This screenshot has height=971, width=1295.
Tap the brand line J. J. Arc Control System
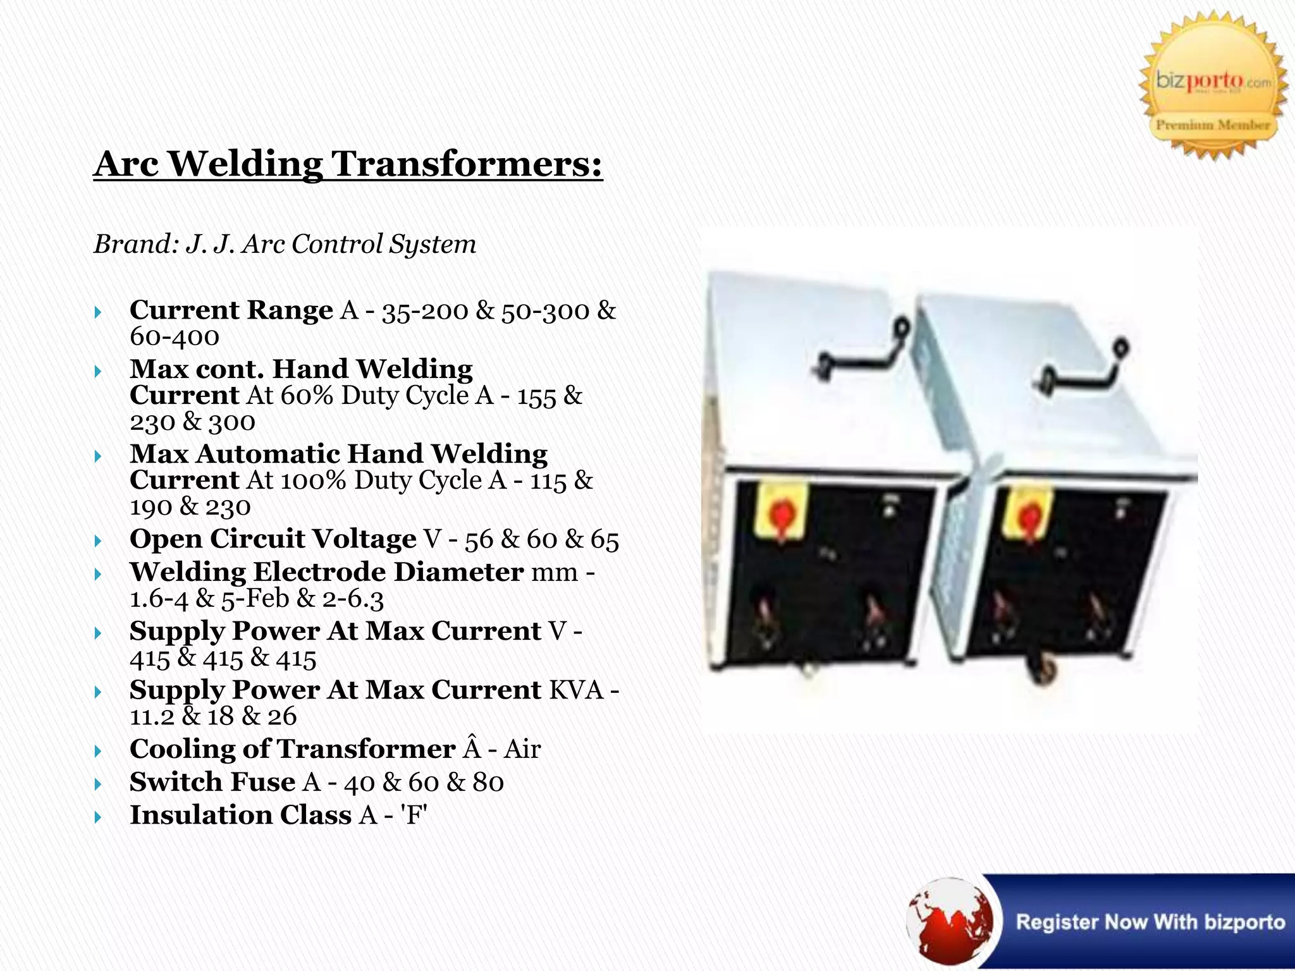285,244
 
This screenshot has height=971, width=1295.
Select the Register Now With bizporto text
1150,922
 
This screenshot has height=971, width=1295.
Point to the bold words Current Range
231,310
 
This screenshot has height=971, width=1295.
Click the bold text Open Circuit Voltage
273,539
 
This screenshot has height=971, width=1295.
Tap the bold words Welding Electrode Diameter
326,572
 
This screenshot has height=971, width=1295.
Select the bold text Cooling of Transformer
292,749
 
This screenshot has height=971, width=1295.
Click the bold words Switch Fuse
212,782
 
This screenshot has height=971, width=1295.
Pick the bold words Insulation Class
240,815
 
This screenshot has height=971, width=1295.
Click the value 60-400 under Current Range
175,336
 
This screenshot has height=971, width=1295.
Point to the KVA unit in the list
576,690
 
